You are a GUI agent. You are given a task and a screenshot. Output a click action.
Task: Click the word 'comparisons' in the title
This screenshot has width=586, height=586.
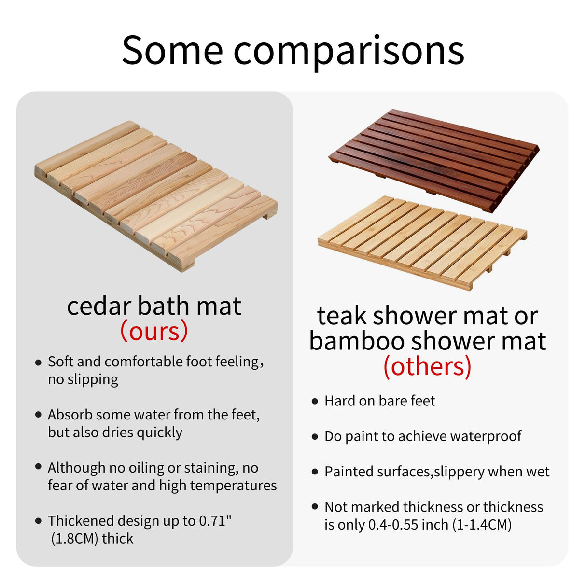pyautogui.click(x=349, y=51)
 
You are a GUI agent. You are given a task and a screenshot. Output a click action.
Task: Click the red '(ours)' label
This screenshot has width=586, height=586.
pyautogui.click(x=154, y=331)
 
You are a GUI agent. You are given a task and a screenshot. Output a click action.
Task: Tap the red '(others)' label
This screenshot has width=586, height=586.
pyautogui.click(x=427, y=366)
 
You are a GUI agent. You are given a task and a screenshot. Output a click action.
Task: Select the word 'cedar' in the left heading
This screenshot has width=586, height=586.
pyautogui.click(x=99, y=306)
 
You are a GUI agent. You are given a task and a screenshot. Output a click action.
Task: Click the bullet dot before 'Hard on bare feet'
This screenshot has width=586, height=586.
pyautogui.click(x=315, y=401)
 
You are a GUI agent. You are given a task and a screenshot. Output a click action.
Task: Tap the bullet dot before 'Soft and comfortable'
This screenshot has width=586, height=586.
pyautogui.click(x=39, y=362)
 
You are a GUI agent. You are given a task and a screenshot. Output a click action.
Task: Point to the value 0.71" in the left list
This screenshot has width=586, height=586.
pyautogui.click(x=215, y=521)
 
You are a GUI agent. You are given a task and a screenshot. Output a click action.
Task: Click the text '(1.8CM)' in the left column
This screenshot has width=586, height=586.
pyautogui.click(x=75, y=539)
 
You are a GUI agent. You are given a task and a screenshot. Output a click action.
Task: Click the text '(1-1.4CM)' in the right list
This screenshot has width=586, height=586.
pyautogui.click(x=482, y=525)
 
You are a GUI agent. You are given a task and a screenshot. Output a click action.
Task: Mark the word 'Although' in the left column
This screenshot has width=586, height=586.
pyautogui.click(x=77, y=468)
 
